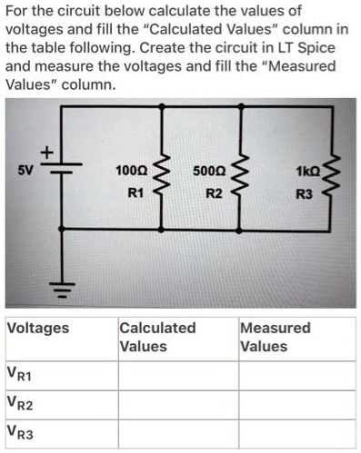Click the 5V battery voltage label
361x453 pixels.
click(x=26, y=169)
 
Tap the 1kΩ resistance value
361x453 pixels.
click(x=304, y=172)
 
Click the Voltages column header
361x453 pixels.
click(x=37, y=328)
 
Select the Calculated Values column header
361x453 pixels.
click(x=157, y=336)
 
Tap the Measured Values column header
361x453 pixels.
click(x=275, y=336)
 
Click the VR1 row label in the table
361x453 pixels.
click(x=21, y=374)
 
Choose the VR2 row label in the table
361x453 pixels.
click(x=21, y=404)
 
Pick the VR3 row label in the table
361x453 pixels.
click(x=21, y=434)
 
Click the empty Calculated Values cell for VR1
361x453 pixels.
click(x=177, y=374)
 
